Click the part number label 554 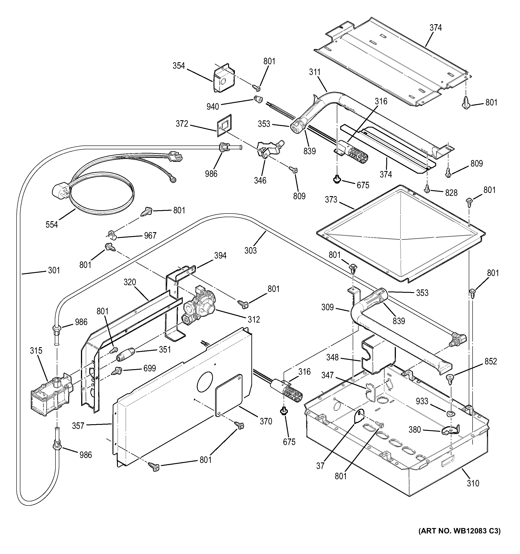point(52,224)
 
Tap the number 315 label point(36,350)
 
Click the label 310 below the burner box point(473,483)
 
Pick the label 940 point(213,107)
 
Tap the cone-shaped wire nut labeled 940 point(258,99)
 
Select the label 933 point(422,401)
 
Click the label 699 point(149,368)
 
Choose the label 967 point(150,235)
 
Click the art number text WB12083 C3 point(459,539)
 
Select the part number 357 point(78,426)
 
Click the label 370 point(266,421)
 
